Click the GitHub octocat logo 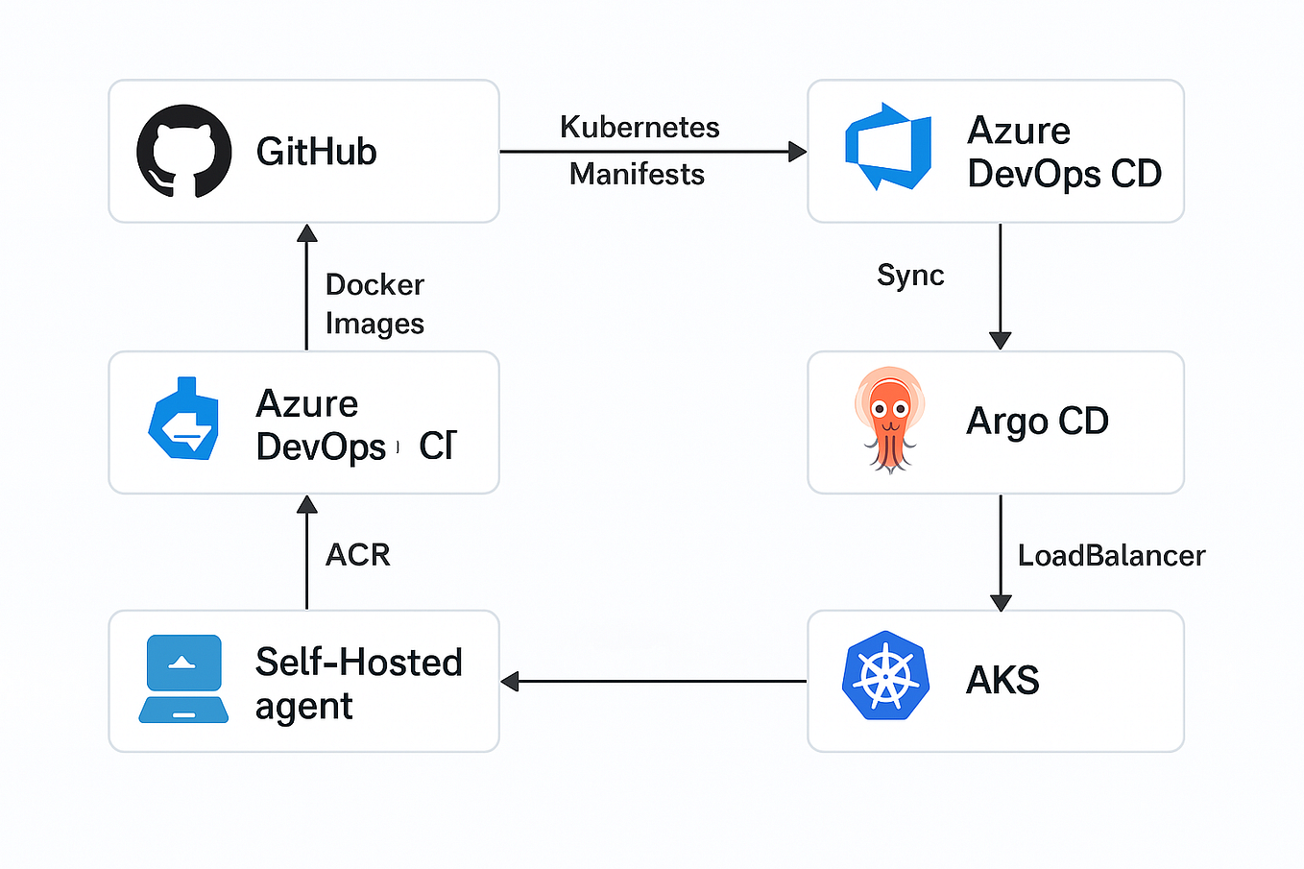(184, 152)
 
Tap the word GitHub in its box (316, 152)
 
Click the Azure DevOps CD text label (1064, 152)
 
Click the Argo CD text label (1037, 422)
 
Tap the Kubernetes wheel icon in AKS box (885, 676)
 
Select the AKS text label (1002, 681)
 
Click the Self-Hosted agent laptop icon (183, 679)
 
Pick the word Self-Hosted (358, 663)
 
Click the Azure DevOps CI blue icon (184, 420)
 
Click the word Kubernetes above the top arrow (640, 127)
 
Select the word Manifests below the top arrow (637, 175)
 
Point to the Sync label (910, 276)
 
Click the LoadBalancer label (1111, 556)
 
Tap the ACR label (357, 555)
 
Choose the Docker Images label (374, 304)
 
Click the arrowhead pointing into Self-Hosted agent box (510, 682)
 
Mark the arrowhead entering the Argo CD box (1001, 341)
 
